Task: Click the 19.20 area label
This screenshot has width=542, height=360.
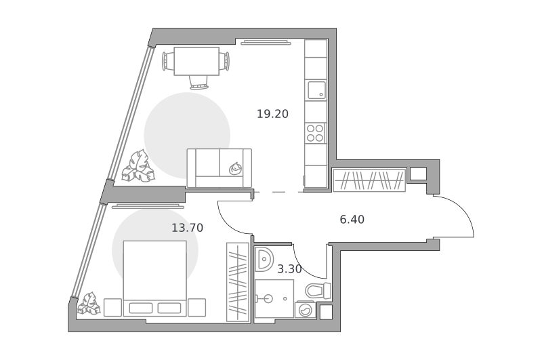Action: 272,114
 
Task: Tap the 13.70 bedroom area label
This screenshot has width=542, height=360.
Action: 188,228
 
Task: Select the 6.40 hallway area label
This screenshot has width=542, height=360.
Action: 352,220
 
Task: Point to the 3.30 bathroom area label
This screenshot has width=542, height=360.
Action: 289,269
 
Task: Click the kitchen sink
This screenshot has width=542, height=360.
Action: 316,90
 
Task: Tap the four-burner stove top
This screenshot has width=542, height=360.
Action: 315,133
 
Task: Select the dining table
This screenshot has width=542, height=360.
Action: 196,61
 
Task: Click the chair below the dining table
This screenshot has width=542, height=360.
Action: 199,82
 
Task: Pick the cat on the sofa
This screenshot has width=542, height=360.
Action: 236,168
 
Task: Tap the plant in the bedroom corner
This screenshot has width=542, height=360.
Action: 89,304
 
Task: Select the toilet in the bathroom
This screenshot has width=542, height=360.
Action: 318,290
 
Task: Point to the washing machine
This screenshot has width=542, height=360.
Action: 305,310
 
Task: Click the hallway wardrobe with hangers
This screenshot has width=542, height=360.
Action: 369,180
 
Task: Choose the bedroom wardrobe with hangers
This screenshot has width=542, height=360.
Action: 238,282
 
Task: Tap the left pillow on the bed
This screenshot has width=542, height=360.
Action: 141,308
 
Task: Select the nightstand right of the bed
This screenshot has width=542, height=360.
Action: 197,307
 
